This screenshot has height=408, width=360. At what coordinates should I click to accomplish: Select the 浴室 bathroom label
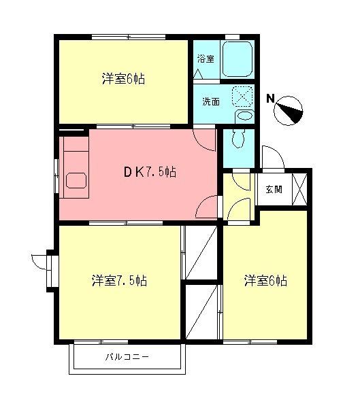coord(206,58)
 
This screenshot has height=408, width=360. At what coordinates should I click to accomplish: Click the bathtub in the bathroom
coord(238,59)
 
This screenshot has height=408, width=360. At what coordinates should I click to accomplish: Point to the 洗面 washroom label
coord(210,101)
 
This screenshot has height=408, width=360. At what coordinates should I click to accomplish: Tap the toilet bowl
coord(238,139)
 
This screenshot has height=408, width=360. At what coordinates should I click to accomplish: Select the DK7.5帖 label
coord(150,172)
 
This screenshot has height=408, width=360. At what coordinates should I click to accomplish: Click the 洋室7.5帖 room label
coord(120,280)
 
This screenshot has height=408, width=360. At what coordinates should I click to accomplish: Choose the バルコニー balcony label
coord(127,357)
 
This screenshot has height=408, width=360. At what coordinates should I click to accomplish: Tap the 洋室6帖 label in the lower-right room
coord(265,280)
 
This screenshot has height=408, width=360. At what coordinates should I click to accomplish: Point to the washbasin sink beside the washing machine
coord(243,117)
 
